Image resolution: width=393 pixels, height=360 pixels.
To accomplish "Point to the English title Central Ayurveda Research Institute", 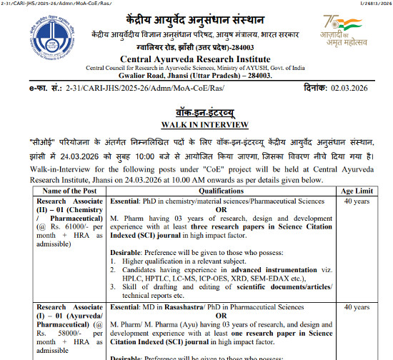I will (x=196, y=59).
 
